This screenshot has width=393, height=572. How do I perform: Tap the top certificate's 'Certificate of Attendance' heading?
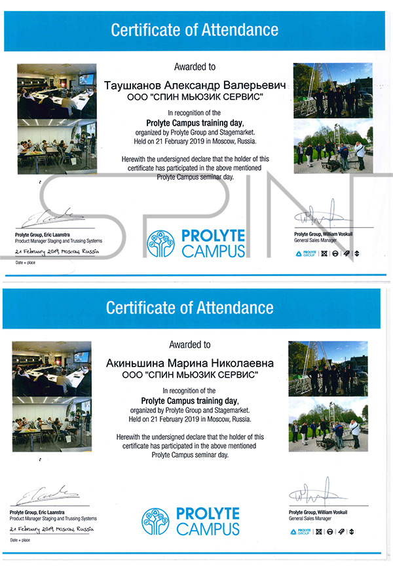195,29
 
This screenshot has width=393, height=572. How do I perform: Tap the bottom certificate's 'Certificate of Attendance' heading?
190,307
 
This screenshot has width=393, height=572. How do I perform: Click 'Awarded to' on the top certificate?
195,67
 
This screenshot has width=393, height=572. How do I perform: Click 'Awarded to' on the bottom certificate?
190,344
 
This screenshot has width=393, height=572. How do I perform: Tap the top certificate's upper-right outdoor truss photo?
333,90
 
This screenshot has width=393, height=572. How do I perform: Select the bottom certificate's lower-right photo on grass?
327,424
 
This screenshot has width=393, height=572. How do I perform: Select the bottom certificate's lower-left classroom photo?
52,425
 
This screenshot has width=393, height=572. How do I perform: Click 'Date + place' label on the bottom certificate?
20,541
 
